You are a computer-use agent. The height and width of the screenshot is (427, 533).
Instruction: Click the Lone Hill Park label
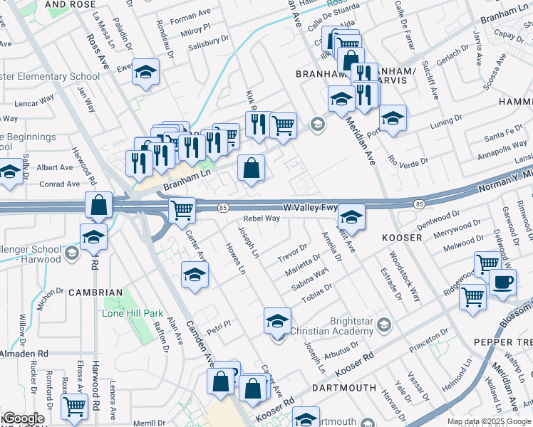[x=133, y=313]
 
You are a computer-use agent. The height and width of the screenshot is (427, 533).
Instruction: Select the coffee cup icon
[x=502, y=282]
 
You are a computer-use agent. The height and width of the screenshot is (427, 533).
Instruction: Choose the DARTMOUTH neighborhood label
[x=344, y=388]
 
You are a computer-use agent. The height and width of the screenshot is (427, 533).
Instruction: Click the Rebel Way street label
[x=261, y=219]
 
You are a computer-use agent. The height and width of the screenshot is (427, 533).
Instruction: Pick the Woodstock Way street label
[x=405, y=275]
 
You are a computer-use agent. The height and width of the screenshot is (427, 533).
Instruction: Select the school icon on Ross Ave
[x=146, y=73]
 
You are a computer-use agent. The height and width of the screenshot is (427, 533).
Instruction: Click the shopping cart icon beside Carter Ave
[x=182, y=210]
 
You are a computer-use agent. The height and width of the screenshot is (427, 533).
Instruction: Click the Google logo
[x=24, y=418]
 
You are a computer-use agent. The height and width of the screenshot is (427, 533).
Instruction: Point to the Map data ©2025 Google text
[x=489, y=422]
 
